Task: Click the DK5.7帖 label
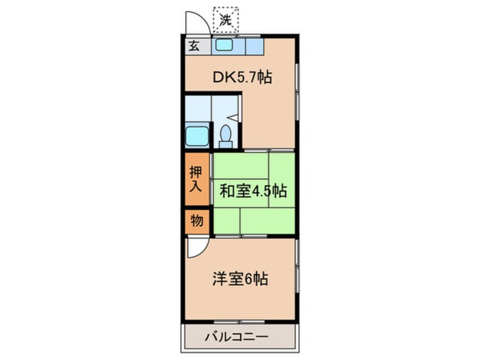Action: tap(242, 78)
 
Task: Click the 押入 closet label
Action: tap(196, 179)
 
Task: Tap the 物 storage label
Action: tap(196, 221)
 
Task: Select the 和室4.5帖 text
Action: tap(252, 191)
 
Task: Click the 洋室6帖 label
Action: tap(241, 279)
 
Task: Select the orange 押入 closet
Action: tap(196, 179)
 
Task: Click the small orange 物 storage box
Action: tap(196, 222)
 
